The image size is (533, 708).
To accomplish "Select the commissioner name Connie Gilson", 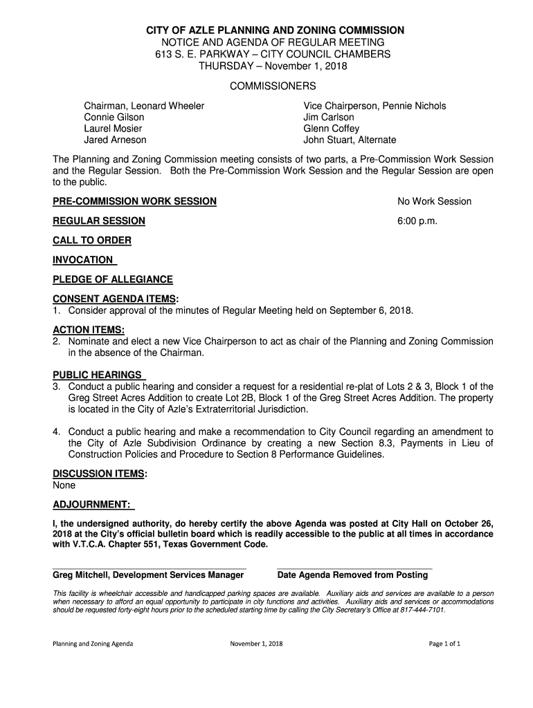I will pos(114,118).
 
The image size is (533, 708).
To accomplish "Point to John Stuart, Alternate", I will pos(350,140).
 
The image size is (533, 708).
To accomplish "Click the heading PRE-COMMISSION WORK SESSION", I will pos(134,201).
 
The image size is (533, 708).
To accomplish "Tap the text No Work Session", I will pos(434,201).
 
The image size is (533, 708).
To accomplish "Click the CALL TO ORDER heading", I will pos(92,240).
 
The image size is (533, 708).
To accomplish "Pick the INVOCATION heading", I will pos(83,260).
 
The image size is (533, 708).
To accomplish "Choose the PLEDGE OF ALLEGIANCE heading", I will pos(113,279).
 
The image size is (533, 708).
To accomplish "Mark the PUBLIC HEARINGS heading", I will pos(98,375).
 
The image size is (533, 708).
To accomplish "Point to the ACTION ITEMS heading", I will pos(88,330).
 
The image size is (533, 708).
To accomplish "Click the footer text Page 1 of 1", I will pos(444,644).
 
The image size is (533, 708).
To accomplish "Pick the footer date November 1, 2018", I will pos(257,644).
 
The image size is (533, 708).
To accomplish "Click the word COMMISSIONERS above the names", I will pos(273,86).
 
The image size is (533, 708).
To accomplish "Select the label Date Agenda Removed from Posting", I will pos(352,575).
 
